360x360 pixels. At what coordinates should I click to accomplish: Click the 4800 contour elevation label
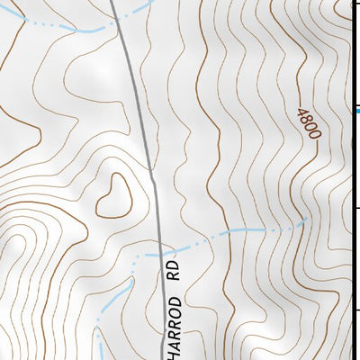pyautogui.click(x=307, y=124)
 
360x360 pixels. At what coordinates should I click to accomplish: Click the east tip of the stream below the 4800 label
pyautogui.click(x=309, y=219)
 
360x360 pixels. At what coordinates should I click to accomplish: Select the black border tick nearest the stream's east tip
pyautogui.click(x=357, y=209)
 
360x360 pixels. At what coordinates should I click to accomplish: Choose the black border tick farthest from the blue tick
pyautogui.click(x=357, y=311)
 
